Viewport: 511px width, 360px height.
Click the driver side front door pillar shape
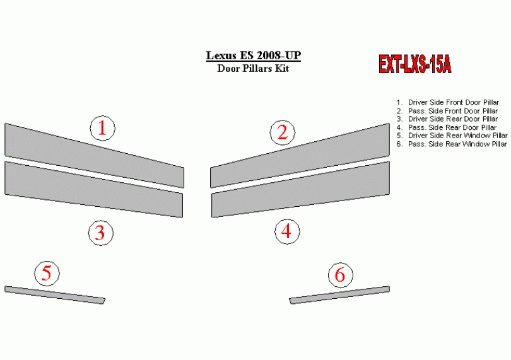point(95,155)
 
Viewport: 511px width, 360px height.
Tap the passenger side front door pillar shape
point(300,155)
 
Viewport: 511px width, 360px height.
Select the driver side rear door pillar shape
point(94,189)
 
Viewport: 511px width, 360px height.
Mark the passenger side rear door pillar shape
point(300,189)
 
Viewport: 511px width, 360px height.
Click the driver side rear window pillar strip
point(55,295)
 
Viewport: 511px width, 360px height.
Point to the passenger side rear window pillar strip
point(339,295)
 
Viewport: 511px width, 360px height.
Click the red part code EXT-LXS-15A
point(415,64)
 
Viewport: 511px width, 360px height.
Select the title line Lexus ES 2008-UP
point(253,55)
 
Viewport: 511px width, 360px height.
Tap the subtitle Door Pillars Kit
point(253,69)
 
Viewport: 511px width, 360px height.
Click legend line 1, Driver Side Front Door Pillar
point(448,102)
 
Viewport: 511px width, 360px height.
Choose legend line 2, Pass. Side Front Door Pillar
point(447,111)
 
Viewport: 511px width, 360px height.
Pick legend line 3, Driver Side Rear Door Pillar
point(447,119)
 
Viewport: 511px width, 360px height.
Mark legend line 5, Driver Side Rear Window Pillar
point(452,136)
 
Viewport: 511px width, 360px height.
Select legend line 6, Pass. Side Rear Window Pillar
point(452,144)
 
